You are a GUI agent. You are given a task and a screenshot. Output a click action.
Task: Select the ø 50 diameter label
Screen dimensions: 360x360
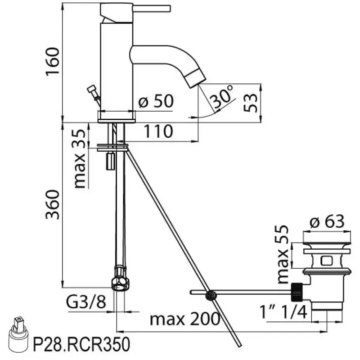tap(156, 102)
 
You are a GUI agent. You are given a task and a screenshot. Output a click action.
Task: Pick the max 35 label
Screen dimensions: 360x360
tap(80, 158)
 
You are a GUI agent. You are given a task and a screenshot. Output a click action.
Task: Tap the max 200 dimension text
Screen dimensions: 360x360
tap(184, 319)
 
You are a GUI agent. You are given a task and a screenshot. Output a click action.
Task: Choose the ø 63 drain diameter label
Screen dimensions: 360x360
tap(328, 222)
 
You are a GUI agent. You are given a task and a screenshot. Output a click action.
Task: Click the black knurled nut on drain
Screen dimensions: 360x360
tap(297, 292)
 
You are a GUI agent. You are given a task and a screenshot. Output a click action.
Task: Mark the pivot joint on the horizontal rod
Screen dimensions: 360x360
tap(209, 295)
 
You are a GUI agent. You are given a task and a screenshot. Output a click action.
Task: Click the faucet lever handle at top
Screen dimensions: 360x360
tap(144, 8)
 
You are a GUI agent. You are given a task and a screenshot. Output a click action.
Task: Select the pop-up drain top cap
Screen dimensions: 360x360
tap(326, 246)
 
